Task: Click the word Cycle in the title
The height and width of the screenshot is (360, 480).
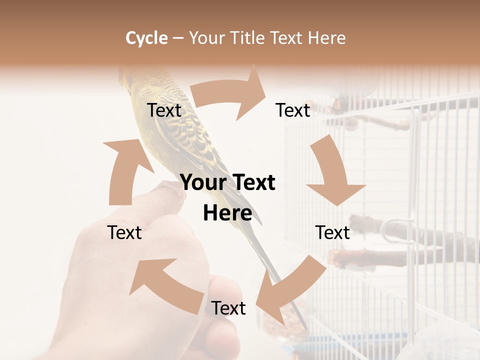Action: tap(146, 38)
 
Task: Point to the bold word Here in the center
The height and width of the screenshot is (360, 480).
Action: tap(227, 213)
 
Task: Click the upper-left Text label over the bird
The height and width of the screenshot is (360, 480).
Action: tap(164, 110)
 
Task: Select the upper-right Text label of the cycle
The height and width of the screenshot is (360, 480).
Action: tap(293, 110)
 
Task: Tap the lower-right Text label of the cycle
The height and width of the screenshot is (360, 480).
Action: tap(332, 232)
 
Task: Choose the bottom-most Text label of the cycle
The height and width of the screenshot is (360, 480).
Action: tap(228, 308)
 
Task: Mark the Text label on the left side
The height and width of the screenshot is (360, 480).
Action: tap(124, 232)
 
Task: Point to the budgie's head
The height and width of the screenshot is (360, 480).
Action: tap(131, 80)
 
